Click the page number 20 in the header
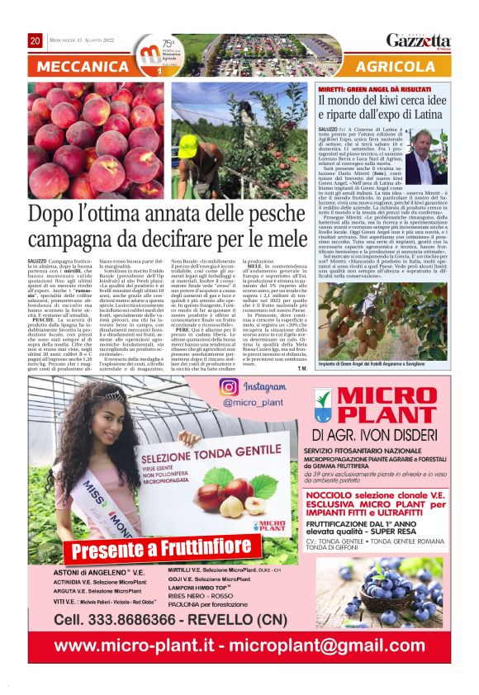[x=35, y=40]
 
